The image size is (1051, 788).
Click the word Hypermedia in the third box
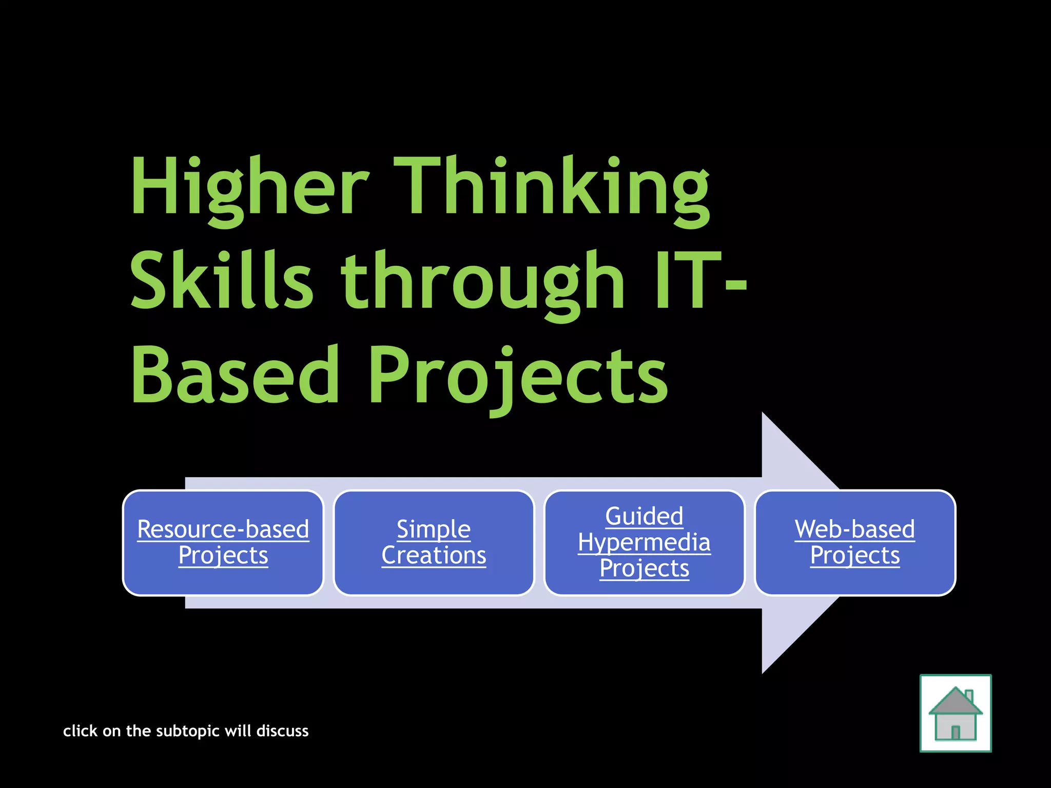(644, 542)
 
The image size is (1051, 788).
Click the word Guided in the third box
(644, 516)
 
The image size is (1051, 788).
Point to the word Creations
(434, 555)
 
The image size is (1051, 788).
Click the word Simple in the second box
(434, 529)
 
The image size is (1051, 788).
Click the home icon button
(955, 713)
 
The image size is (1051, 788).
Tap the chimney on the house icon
(969, 697)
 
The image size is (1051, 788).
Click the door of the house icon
(956, 732)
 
